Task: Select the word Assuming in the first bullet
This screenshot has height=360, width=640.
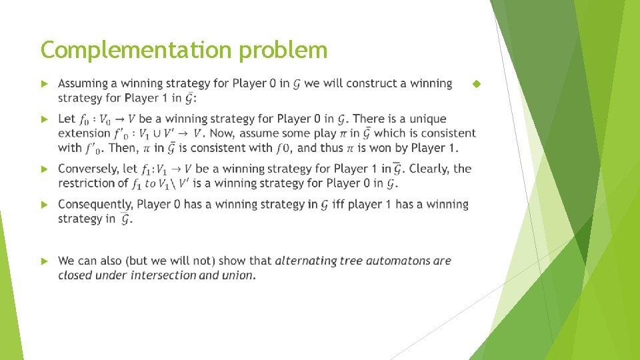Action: [x=83, y=84]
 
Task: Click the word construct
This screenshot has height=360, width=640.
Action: [x=360, y=84]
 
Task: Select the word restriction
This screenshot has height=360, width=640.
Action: [x=85, y=183]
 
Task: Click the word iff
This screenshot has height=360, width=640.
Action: [x=338, y=204]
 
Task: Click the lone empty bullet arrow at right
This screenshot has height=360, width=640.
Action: [x=476, y=84]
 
